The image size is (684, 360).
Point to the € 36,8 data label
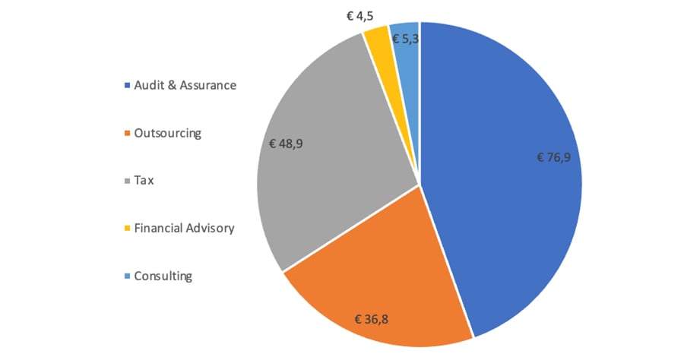(x=372, y=319)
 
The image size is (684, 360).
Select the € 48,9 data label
(x=287, y=142)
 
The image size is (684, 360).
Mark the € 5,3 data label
(x=405, y=37)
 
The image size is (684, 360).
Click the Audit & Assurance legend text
(x=185, y=85)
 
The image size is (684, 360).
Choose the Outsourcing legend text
(x=167, y=133)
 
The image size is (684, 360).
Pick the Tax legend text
(x=144, y=181)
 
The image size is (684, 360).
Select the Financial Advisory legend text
(x=184, y=228)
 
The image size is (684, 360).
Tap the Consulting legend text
(x=163, y=276)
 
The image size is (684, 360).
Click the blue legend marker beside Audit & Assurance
(x=126, y=86)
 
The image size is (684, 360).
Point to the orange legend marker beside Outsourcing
(x=126, y=134)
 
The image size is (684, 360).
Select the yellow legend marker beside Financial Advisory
(x=126, y=229)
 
